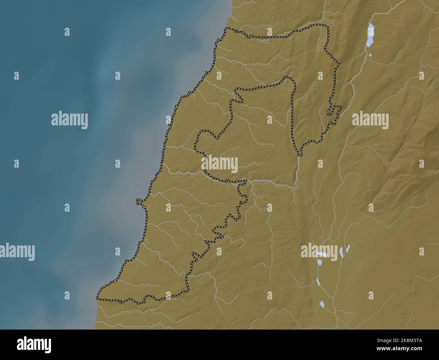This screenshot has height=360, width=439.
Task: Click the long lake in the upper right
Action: point(370,35)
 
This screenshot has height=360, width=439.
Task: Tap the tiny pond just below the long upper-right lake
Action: point(370,55)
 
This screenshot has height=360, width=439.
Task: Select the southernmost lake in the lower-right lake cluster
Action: point(322,304)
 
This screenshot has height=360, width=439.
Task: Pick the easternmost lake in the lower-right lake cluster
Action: point(348,248)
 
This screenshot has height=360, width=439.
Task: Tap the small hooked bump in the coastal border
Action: point(138,202)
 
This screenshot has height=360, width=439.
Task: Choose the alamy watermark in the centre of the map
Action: point(220,164)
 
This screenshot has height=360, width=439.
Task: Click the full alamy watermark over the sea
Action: point(70,120)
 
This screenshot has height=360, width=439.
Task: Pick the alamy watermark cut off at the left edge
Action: point(17,251)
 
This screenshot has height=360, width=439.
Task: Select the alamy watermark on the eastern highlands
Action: point(370,120)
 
